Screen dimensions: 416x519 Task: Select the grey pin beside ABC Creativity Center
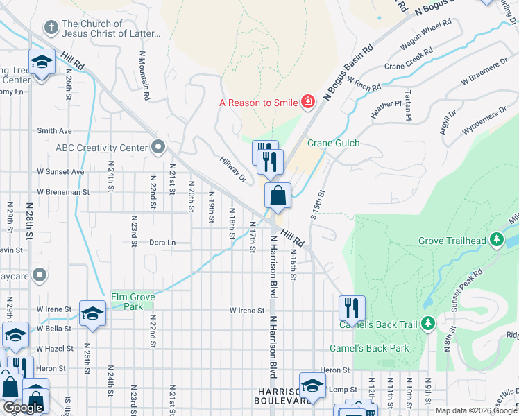coord(158,147)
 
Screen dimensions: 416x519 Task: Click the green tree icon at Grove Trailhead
coord(496,241)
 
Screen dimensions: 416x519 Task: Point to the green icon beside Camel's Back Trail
coord(427,323)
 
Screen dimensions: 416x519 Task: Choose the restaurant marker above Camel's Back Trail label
coord(352,308)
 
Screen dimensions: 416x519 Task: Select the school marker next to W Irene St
coord(92,313)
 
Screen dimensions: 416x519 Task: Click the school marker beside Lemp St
coord(313,385)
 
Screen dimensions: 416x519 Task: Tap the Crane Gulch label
coord(339,143)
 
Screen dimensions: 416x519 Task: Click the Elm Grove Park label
coord(133,302)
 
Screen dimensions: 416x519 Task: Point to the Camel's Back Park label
coord(369,347)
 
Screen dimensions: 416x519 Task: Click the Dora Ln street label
coord(162,243)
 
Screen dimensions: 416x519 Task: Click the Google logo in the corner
coord(23,408)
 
